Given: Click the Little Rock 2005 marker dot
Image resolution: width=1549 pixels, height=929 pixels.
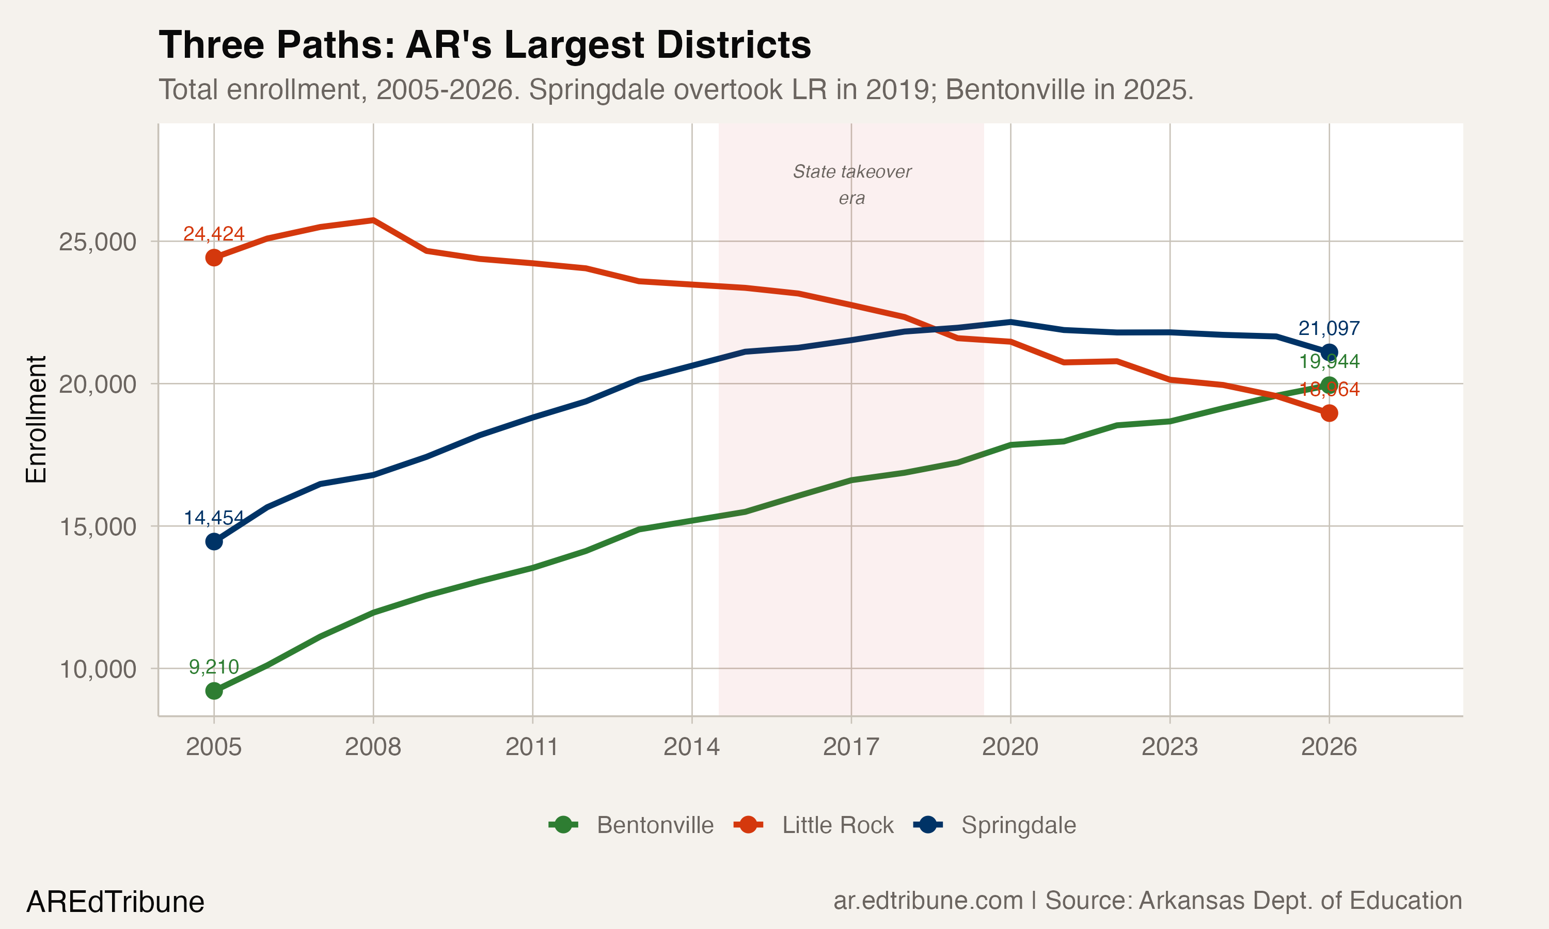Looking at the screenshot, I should coord(214,258).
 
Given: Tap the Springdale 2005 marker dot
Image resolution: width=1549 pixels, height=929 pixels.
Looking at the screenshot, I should coord(214,541).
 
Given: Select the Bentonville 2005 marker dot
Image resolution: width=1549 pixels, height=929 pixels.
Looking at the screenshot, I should coord(214,691).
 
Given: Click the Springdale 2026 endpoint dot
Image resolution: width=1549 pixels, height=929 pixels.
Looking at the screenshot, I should coord(1329,352).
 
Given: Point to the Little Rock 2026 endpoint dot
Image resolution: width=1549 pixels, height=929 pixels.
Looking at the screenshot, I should coord(1329,413).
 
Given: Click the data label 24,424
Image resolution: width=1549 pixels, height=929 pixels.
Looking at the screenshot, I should coord(214,233).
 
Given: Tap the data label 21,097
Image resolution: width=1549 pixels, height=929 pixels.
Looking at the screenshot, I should coord(1329,328).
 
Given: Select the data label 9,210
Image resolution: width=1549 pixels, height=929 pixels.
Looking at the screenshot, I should coord(214,667).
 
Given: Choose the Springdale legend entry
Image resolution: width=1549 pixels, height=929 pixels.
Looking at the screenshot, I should coord(995,825).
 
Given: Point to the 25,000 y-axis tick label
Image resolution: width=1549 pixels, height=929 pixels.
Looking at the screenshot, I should coord(97,242).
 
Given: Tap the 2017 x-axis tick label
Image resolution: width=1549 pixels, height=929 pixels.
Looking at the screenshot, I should coord(851,747).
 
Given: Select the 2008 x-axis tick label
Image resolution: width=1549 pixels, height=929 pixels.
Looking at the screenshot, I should coord(373,747).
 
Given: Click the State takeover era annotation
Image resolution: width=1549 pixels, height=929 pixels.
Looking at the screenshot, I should coord(851,184).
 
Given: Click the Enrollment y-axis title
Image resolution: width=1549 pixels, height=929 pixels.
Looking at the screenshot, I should coord(36,420).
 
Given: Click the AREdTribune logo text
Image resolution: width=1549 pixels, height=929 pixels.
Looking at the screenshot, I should coord(115,902).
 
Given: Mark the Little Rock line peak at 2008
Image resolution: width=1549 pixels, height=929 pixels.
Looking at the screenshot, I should coord(373,220).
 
